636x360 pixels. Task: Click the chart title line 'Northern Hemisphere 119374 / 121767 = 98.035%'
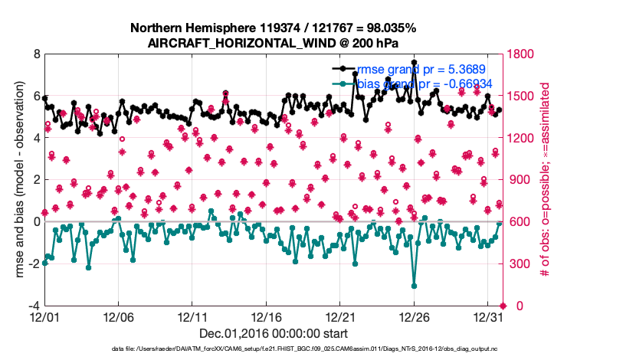click(273, 28)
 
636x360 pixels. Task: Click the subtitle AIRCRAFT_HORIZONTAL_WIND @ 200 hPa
click(273, 43)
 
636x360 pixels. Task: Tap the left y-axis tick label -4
click(34, 306)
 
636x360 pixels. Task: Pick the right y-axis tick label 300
click(517, 264)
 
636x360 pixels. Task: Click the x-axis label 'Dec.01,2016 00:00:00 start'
click(273, 333)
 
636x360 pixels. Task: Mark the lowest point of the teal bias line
click(414, 286)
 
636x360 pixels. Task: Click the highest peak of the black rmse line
click(414, 62)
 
